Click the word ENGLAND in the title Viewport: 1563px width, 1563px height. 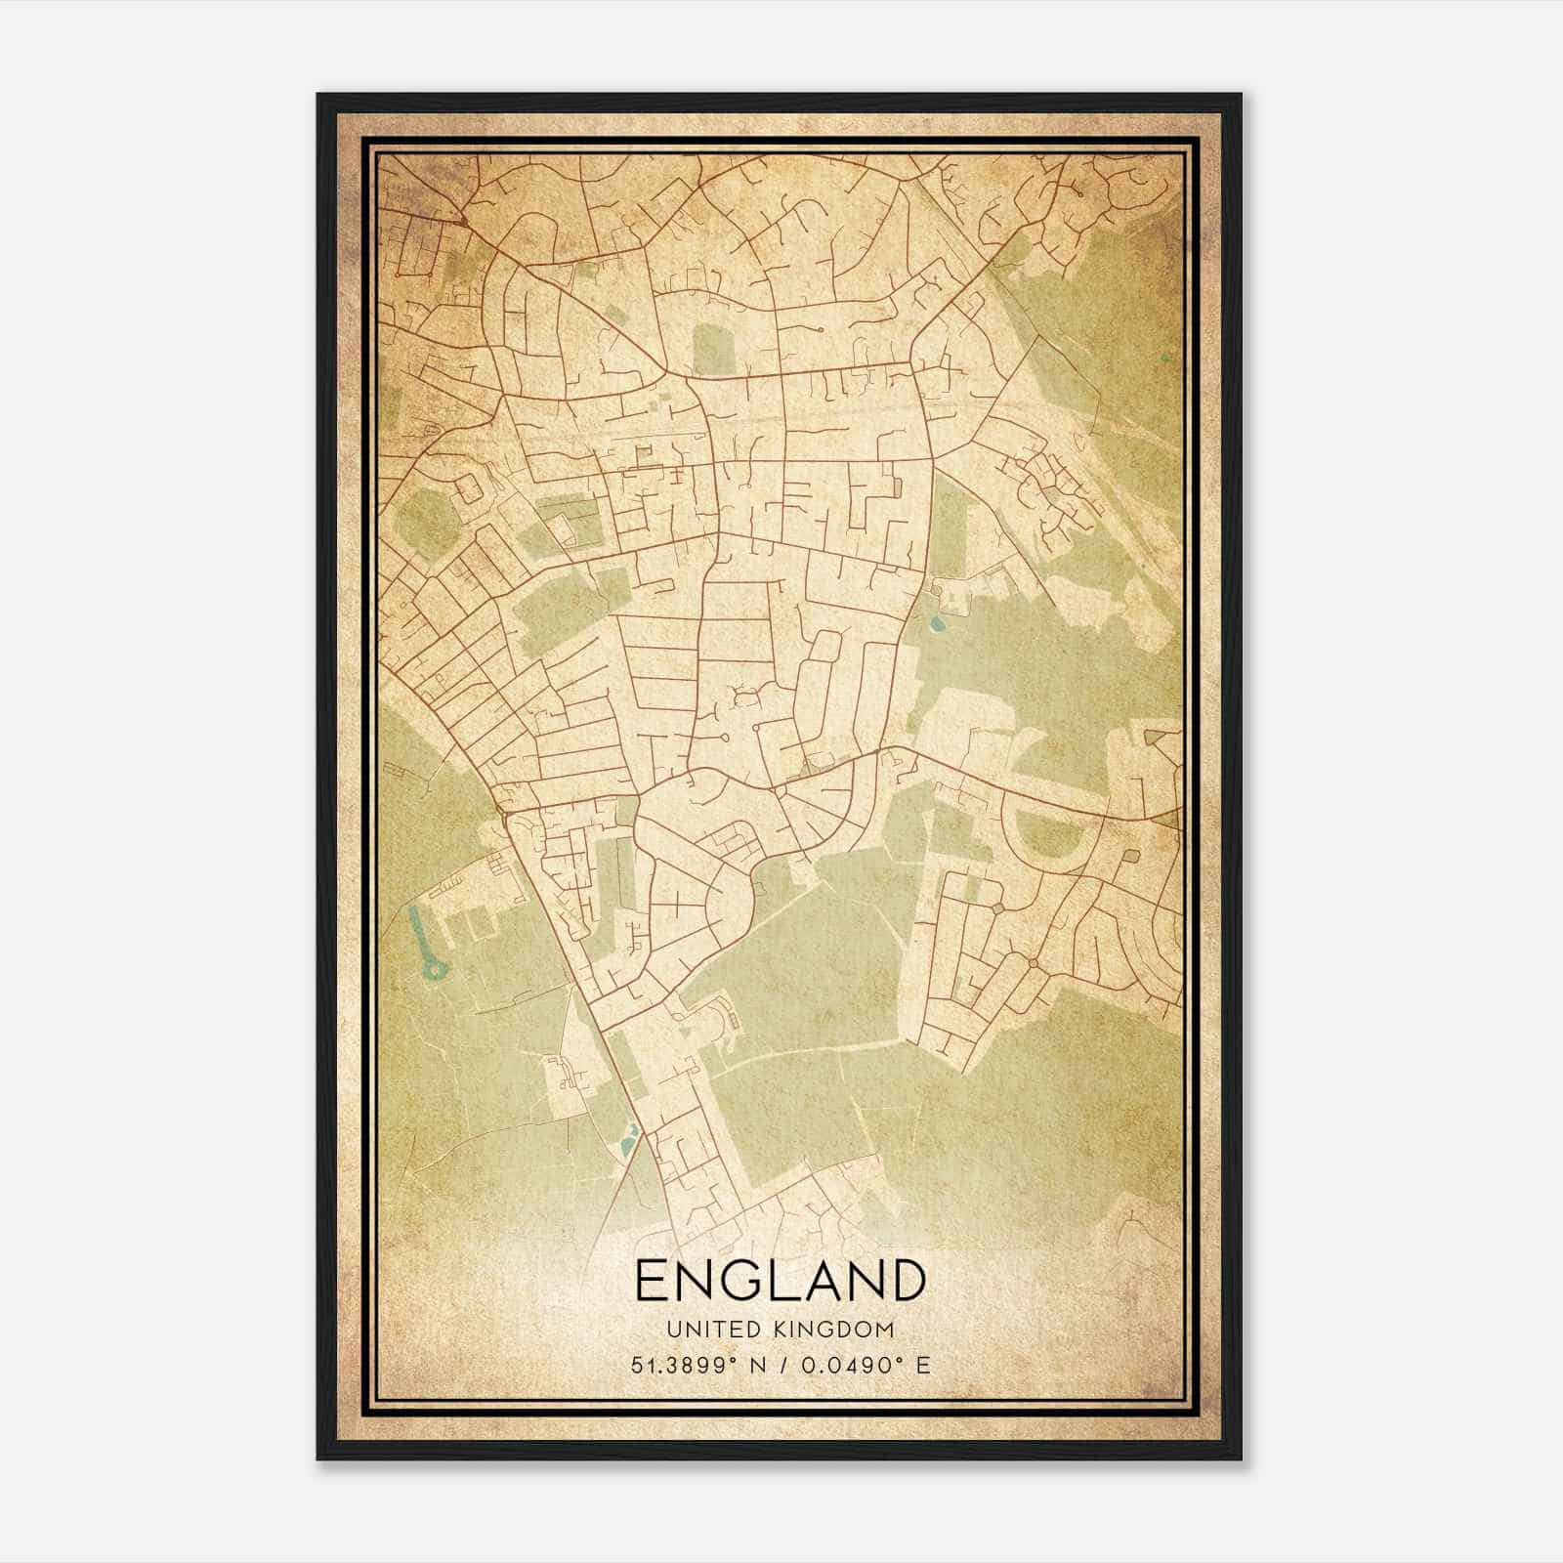(780, 1281)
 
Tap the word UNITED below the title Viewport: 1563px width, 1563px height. (705, 1330)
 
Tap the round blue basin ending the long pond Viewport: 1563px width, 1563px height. (431, 970)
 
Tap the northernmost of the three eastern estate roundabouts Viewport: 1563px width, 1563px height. (997, 908)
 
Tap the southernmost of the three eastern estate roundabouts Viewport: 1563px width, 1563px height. (1033, 963)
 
